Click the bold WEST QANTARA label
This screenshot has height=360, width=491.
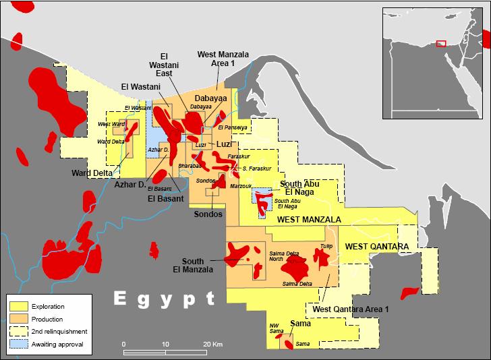[x=376, y=247]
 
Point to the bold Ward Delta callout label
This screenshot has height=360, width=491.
[x=92, y=173]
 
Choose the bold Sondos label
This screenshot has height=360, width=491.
[x=208, y=214]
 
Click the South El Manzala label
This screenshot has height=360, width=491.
[x=198, y=265]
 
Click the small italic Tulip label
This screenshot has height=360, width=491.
[x=326, y=246]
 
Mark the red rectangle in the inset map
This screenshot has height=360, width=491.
[x=441, y=43]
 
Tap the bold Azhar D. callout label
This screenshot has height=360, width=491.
[x=130, y=184]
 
